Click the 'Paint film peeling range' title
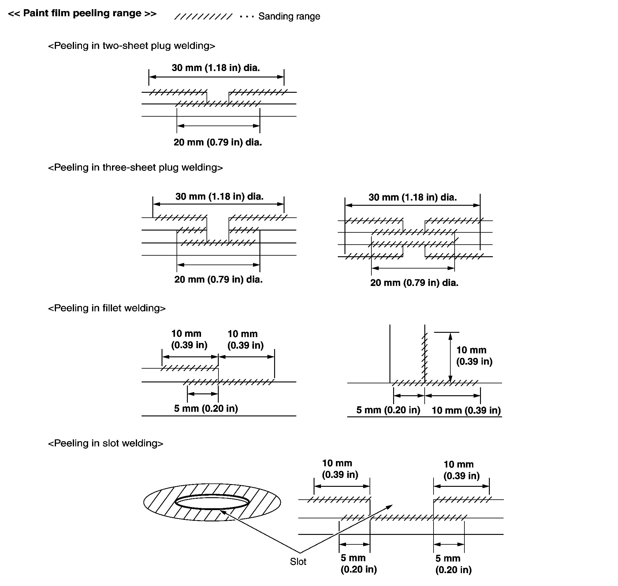click(x=82, y=13)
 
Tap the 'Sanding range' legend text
click(x=289, y=16)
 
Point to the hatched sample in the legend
click(x=203, y=17)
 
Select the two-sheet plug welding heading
click(x=132, y=46)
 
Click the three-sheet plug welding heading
click(x=136, y=168)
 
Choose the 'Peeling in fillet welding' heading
click(x=107, y=308)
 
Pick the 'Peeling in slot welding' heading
click(x=106, y=444)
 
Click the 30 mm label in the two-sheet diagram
click(x=216, y=68)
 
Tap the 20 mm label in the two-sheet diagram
click(x=218, y=142)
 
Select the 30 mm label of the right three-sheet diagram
click(x=412, y=197)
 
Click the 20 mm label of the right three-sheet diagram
click(x=414, y=283)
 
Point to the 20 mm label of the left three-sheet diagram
click(x=218, y=279)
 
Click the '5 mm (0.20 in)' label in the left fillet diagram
click(x=206, y=408)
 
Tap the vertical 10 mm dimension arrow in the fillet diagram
click(x=450, y=358)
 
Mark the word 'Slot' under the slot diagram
click(x=298, y=562)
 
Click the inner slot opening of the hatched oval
click(x=212, y=502)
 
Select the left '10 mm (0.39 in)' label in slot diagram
click(x=340, y=469)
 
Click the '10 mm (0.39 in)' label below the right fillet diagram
click(x=466, y=410)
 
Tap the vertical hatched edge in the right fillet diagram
click(x=424, y=356)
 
